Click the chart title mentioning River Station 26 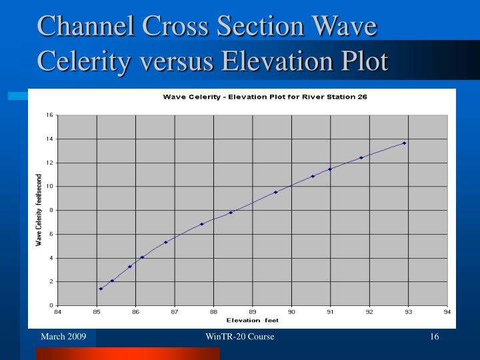pyautogui.click(x=265, y=97)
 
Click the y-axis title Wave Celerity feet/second pyautogui.click(x=39, y=210)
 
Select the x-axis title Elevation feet pyautogui.click(x=253, y=320)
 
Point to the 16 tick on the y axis pyautogui.click(x=49, y=115)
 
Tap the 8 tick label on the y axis pyautogui.click(x=51, y=210)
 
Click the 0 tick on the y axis pyautogui.click(x=51, y=305)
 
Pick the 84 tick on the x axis pyautogui.click(x=57, y=311)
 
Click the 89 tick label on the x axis pyautogui.click(x=253, y=311)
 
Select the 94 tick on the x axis pyautogui.click(x=447, y=311)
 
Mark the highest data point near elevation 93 pyautogui.click(x=404, y=143)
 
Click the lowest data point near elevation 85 pyautogui.click(x=101, y=289)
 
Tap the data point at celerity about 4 pyautogui.click(x=142, y=257)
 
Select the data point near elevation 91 pyautogui.click(x=329, y=169)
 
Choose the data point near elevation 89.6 pyautogui.click(x=275, y=192)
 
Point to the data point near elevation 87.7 pyautogui.click(x=201, y=224)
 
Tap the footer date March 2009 pyautogui.click(x=63, y=337)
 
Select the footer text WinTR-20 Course pyautogui.click(x=240, y=337)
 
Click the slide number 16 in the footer pyautogui.click(x=434, y=337)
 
